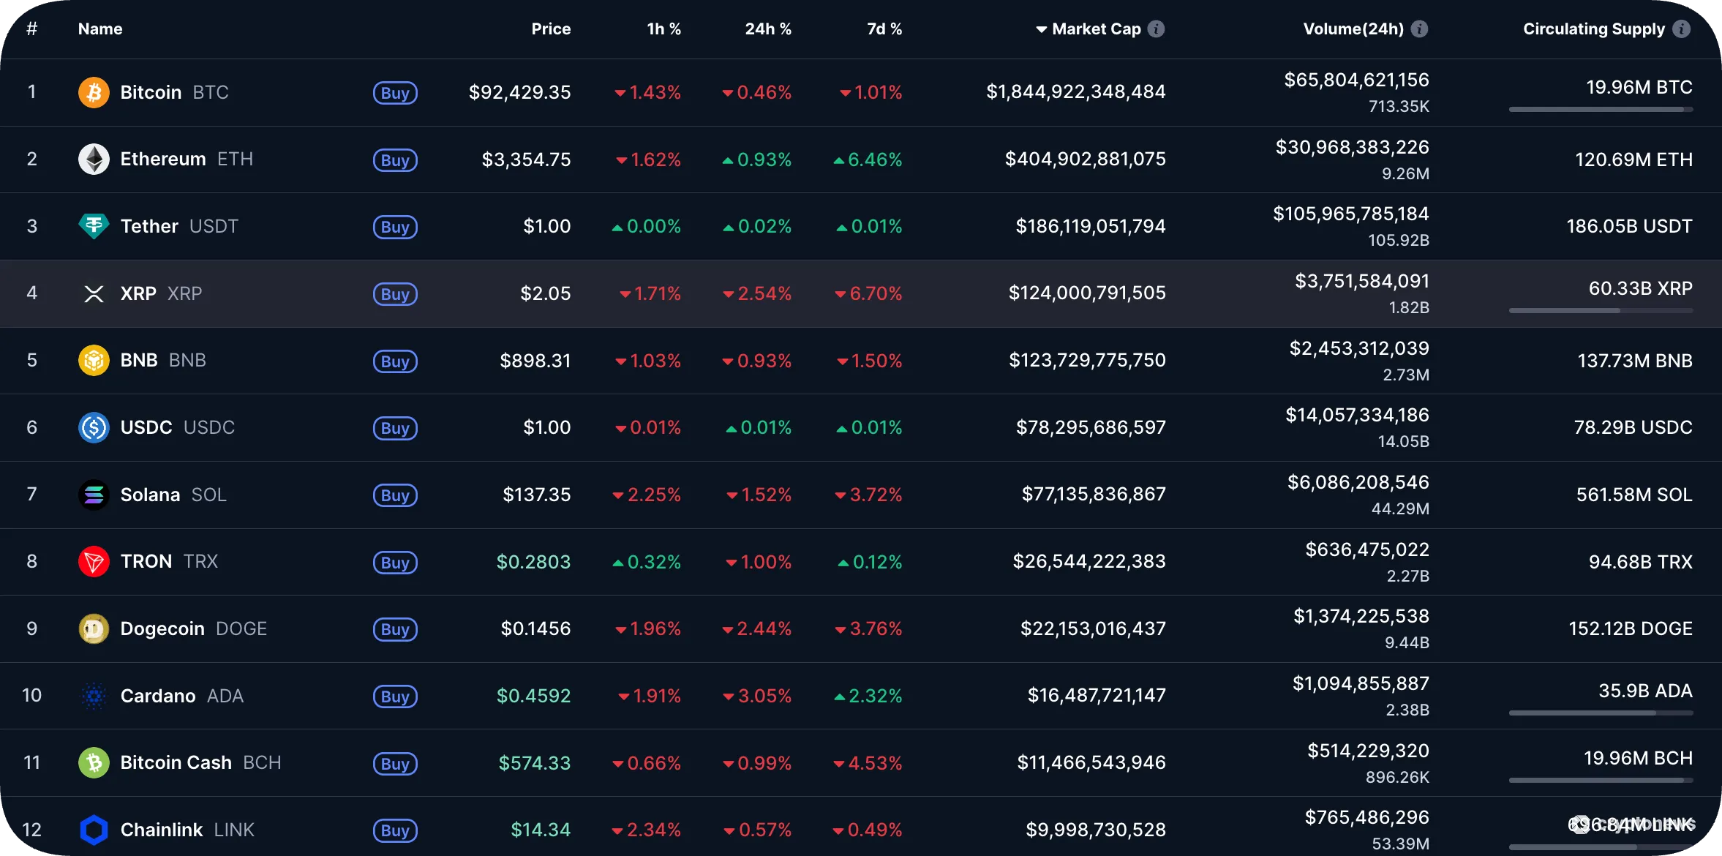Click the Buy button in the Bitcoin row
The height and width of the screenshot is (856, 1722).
395,93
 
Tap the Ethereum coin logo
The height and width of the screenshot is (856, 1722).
94,159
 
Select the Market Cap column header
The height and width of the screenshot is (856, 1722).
1096,29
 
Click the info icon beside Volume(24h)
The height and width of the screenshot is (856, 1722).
1419,29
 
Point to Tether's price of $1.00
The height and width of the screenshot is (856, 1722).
546,227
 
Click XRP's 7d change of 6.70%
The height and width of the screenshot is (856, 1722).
875,294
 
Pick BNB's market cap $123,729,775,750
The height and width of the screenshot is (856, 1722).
1087,361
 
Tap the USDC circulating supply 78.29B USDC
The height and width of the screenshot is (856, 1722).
1633,428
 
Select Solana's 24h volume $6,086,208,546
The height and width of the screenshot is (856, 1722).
1358,483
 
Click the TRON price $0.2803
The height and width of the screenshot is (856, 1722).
533,562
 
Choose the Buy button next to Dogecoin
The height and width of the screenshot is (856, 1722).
395,630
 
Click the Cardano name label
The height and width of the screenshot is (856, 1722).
158,697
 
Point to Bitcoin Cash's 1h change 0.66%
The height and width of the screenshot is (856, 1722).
653,764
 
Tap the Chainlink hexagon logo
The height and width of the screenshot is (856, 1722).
94,830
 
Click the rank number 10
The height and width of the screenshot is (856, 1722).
31,696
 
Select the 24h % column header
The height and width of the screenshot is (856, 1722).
767,29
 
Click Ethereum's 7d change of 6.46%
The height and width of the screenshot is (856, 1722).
874,160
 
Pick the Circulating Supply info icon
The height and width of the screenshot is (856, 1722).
1682,29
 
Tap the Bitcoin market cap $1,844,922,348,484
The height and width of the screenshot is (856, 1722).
1075,92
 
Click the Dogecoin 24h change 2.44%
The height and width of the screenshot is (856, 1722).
763,629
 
